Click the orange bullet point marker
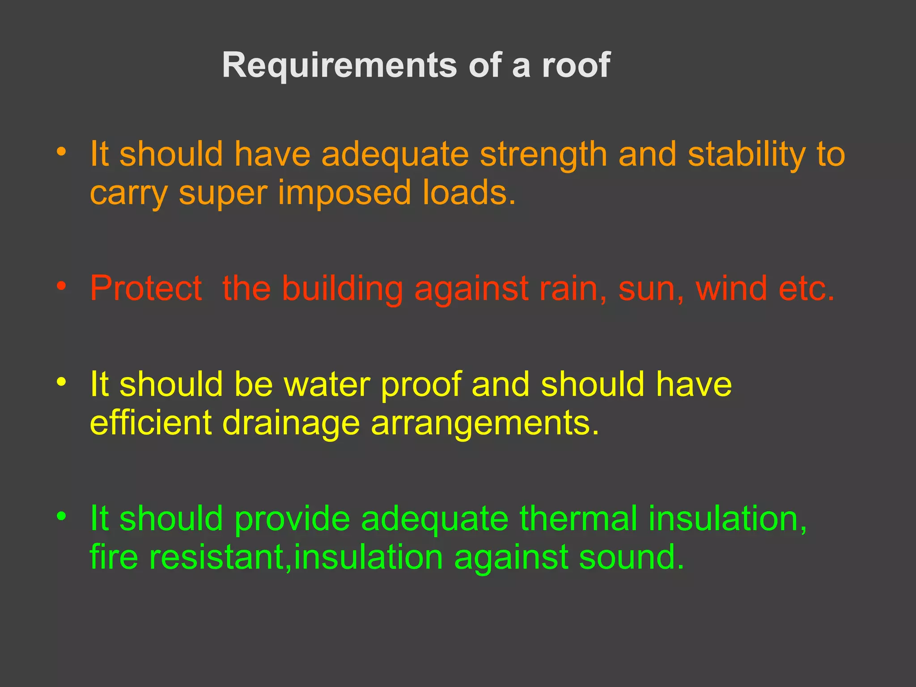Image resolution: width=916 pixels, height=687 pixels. [x=61, y=152]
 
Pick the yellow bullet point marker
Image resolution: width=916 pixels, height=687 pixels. [x=61, y=382]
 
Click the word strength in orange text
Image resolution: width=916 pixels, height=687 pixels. [x=543, y=155]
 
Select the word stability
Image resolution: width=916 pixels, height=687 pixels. [x=746, y=155]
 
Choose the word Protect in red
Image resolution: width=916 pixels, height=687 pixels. [x=146, y=288]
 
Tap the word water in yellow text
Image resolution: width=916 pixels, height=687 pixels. [x=327, y=385]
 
